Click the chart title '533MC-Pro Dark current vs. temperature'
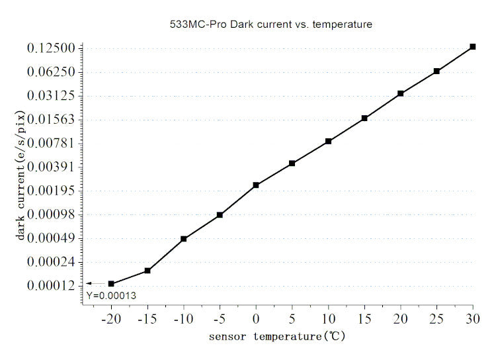click(271, 24)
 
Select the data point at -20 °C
click(111, 284)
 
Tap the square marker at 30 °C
click(473, 46)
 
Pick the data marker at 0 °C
click(256, 185)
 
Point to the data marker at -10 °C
click(183, 239)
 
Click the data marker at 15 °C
click(364, 118)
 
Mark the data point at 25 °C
click(436, 71)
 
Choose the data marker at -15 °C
click(147, 271)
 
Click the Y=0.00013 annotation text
click(110, 295)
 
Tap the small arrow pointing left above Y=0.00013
click(94, 283)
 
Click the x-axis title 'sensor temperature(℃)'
click(277, 337)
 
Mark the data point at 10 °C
click(328, 141)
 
